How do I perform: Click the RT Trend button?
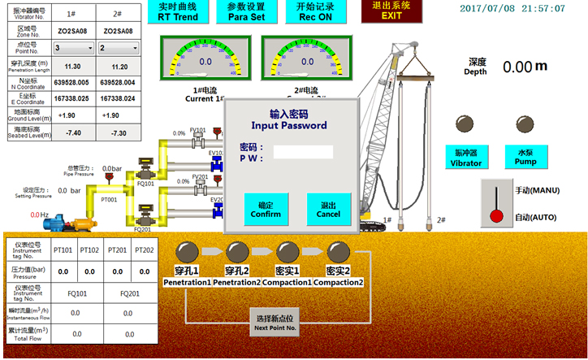pos(178,11)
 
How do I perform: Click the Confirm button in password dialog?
pos(265,210)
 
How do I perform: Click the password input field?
pos(303,151)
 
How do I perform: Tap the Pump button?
pos(525,157)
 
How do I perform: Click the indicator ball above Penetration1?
pos(188,251)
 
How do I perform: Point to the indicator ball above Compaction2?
pos(338,251)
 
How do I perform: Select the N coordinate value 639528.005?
pos(71,83)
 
